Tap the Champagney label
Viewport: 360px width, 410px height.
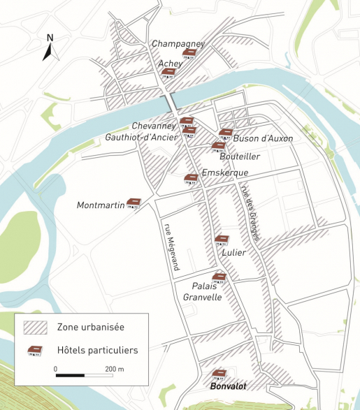178,43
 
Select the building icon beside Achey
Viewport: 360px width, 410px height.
168,73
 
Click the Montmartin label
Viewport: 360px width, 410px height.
101,205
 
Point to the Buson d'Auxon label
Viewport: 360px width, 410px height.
263,138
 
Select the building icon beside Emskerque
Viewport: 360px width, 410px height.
191,180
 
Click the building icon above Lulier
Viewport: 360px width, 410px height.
222,240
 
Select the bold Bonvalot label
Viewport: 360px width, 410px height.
228,386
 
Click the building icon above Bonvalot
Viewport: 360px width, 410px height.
219,374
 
